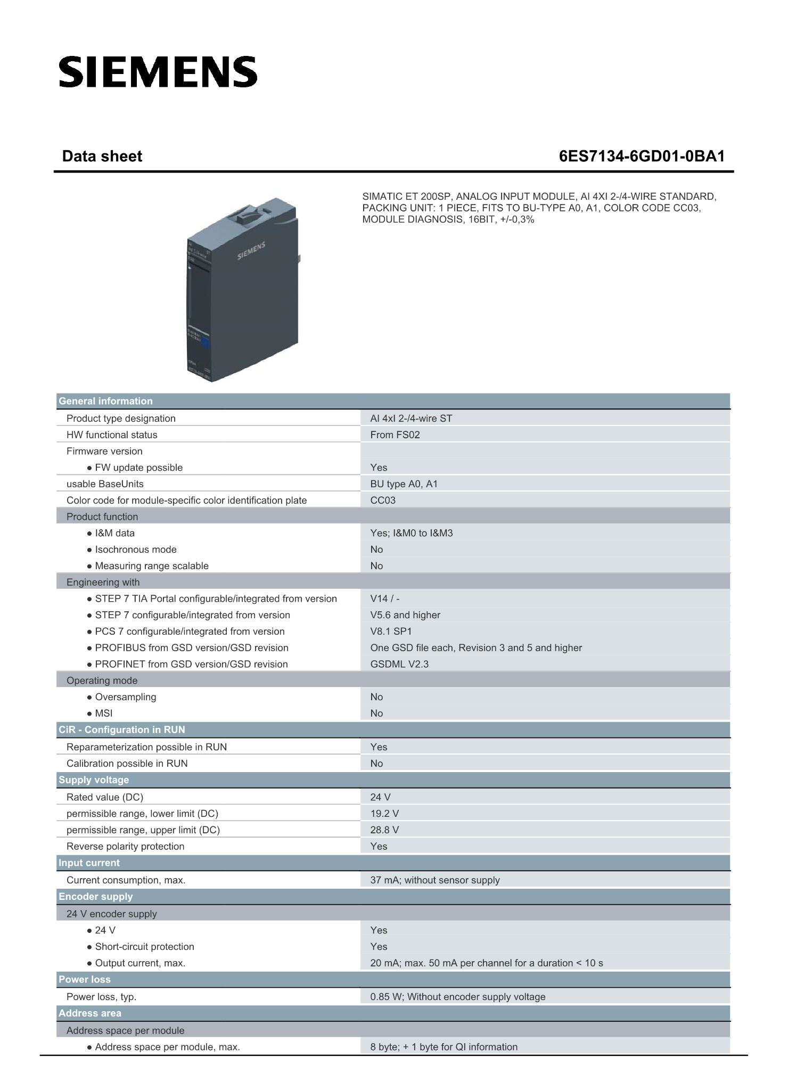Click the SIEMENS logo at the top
click(158, 72)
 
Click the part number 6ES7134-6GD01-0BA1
click(642, 156)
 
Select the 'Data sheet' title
click(102, 156)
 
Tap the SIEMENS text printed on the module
click(251, 251)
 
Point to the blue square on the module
click(206, 342)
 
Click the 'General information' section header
click(105, 401)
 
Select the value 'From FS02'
click(395, 435)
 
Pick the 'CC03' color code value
click(383, 500)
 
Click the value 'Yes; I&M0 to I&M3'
click(412, 533)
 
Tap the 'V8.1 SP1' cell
click(391, 631)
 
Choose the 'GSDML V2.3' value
click(399, 664)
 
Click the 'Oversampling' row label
click(126, 697)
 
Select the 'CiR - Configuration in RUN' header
click(122, 730)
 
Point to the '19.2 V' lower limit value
click(384, 813)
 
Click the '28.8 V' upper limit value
click(384, 830)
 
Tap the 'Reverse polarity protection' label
click(125, 846)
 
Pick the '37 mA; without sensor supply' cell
click(435, 880)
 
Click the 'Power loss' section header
click(85, 979)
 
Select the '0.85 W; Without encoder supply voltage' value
click(458, 996)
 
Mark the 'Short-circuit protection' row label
click(144, 946)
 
